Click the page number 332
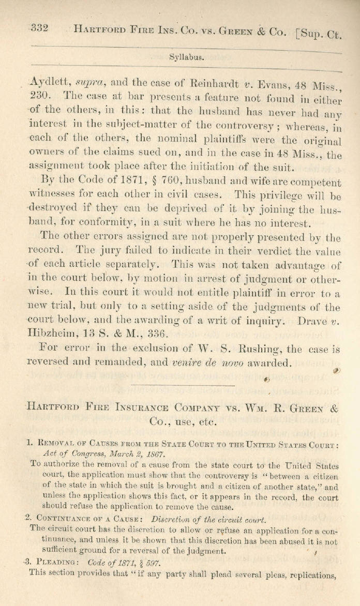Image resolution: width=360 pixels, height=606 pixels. (39, 28)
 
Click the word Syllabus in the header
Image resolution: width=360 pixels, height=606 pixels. (186, 57)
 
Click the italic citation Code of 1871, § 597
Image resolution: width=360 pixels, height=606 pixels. (124, 562)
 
